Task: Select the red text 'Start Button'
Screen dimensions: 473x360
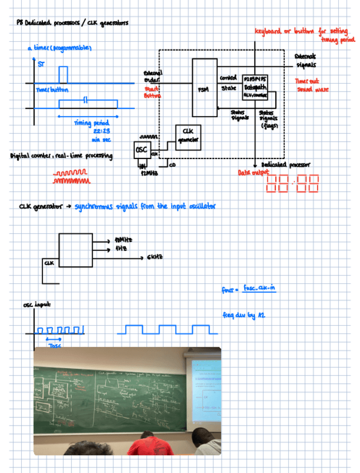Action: coord(152,92)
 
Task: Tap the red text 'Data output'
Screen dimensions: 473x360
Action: coord(250,173)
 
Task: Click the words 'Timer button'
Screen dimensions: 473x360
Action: coord(51,90)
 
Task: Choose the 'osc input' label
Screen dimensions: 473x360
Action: coord(36,305)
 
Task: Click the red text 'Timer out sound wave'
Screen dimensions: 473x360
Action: coord(312,85)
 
